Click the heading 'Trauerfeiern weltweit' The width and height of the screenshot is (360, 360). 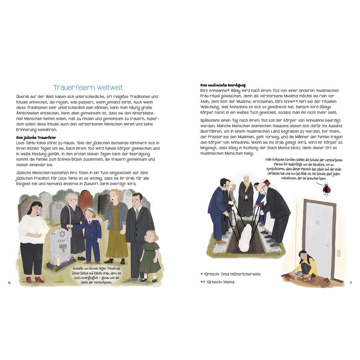[x=88, y=88]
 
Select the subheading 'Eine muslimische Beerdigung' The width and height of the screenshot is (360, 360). [x=223, y=85]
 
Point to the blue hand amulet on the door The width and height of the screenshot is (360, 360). [x=318, y=222]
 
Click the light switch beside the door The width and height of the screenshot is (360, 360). [x=339, y=253]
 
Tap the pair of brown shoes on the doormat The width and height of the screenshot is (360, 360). [x=324, y=282]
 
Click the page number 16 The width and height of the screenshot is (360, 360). [x=9, y=283]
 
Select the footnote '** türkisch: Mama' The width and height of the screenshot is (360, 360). [x=218, y=282]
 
